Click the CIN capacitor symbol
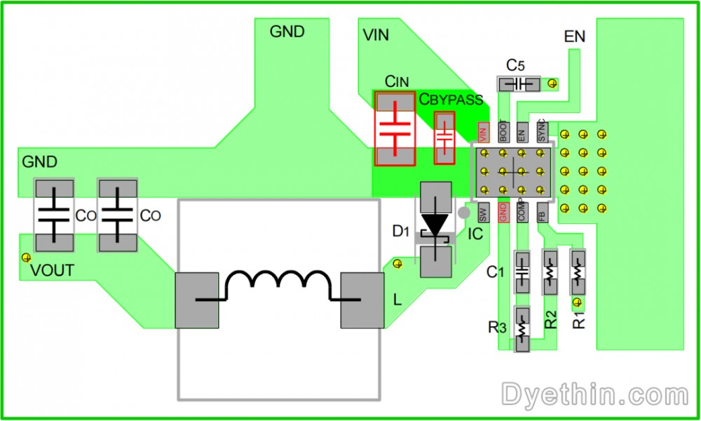pyautogui.click(x=395, y=128)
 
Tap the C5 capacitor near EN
pyautogui.click(x=519, y=84)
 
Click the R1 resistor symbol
pyautogui.click(x=578, y=270)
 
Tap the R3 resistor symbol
pyautogui.click(x=522, y=328)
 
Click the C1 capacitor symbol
pyautogui.click(x=522, y=270)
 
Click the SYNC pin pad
pyautogui.click(x=541, y=131)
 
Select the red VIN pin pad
pyautogui.click(x=483, y=131)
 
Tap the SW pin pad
pyautogui.click(x=482, y=213)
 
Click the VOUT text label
pyautogui.click(x=52, y=271)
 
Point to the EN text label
pyautogui.click(x=574, y=36)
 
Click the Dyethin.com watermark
pyautogui.click(x=593, y=394)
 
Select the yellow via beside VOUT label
pyautogui.click(x=26, y=257)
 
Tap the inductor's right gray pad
pyautogui.click(x=363, y=301)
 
